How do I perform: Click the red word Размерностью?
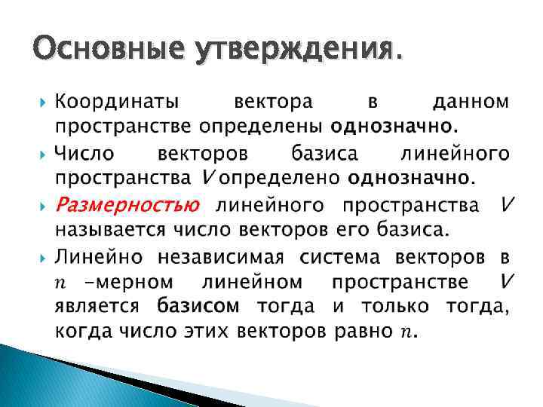127,205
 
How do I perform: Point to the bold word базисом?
198,307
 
